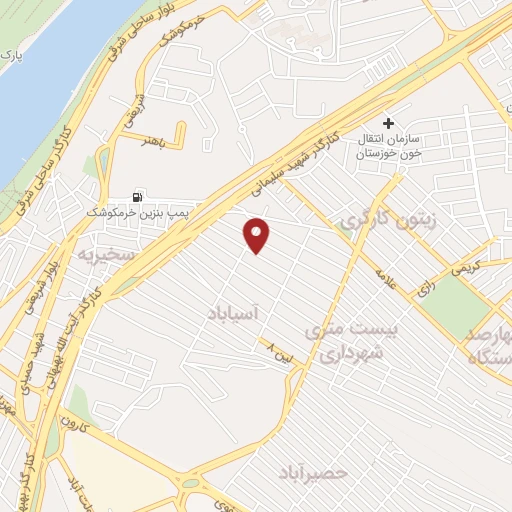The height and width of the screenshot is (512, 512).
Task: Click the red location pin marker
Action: (258, 235)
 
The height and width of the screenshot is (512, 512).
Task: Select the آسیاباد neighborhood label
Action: (237, 314)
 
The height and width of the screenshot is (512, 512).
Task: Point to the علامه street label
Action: (386, 278)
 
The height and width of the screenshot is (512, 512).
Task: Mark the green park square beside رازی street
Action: (461, 304)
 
